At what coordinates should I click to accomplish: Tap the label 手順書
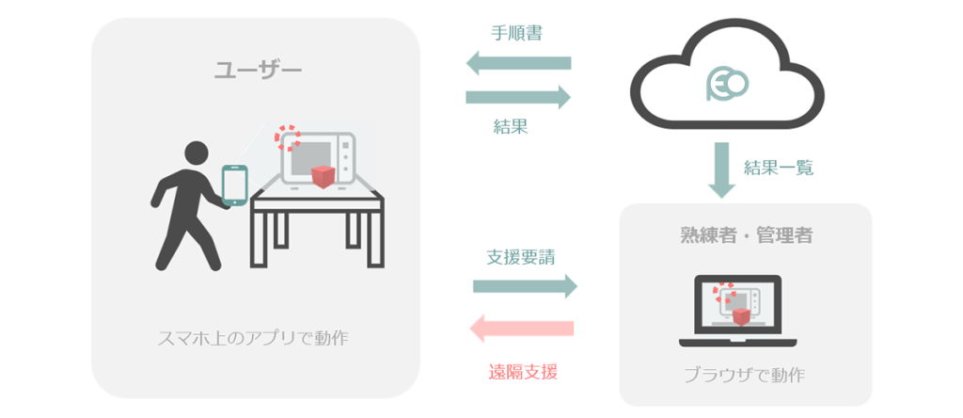point(516,32)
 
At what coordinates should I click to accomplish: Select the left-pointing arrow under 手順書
point(519,64)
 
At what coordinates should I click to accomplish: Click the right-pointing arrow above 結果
point(519,96)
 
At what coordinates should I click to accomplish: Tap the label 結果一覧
point(778,169)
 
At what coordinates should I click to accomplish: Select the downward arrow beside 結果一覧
point(721,170)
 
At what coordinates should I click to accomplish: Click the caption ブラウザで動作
point(744,375)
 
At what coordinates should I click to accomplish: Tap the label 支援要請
point(519,257)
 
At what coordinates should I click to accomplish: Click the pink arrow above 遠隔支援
point(521,328)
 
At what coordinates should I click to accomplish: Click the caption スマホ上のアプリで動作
point(253,337)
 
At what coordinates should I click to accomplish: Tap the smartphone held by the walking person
point(234,185)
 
